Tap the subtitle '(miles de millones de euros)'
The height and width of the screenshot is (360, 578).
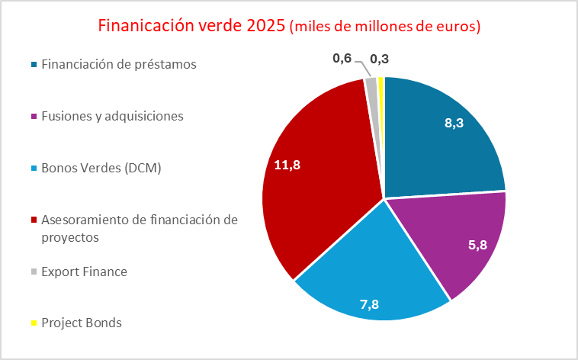click(385, 26)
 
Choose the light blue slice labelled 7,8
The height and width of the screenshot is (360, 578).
click(374, 275)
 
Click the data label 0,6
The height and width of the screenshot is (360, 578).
click(342, 57)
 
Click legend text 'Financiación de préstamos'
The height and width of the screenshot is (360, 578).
click(119, 64)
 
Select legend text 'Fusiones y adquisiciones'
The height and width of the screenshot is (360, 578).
click(113, 116)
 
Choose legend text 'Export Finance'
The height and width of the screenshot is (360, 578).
click(84, 271)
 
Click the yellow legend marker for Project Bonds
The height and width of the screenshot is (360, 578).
click(34, 323)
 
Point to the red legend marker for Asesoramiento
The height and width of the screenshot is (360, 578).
click(34, 220)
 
